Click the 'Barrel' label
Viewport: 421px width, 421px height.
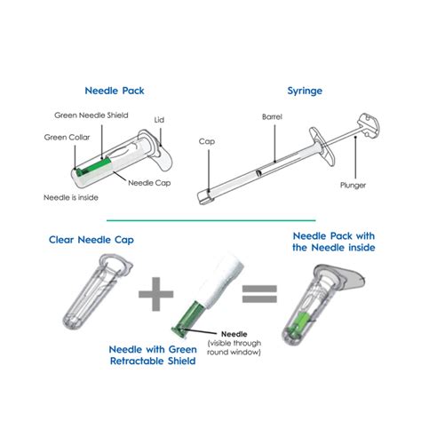pyautogui.click(x=271, y=116)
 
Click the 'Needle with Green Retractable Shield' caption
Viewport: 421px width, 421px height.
pyautogui.click(x=151, y=355)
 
